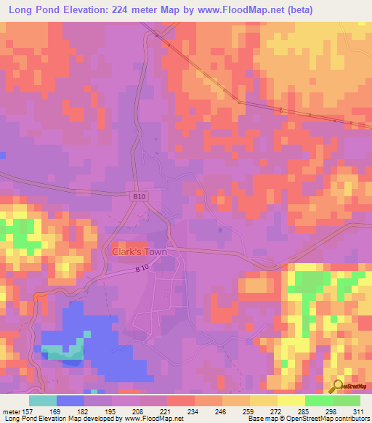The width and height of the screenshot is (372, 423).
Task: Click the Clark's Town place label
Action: coord(139,252)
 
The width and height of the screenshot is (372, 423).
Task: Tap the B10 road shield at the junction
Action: coord(140,196)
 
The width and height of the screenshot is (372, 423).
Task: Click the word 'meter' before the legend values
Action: coord(10,410)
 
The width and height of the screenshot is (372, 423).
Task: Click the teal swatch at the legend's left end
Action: coord(43,400)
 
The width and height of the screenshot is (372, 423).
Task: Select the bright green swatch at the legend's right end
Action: coord(347,400)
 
